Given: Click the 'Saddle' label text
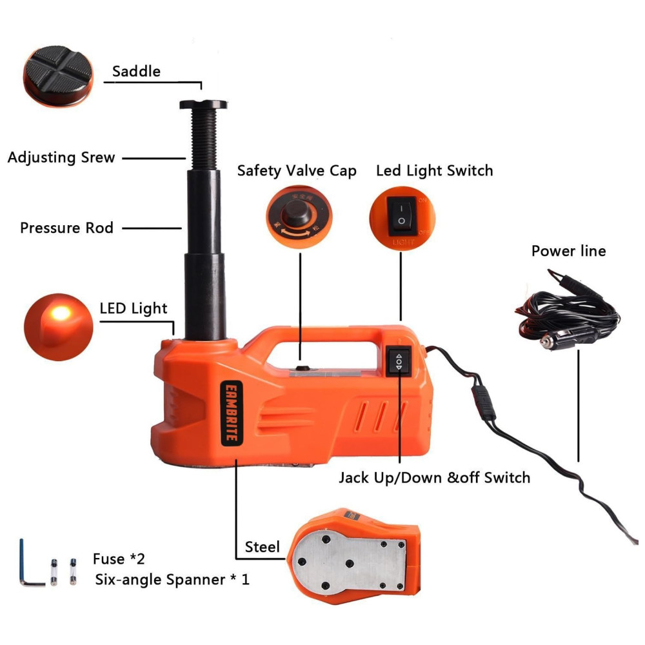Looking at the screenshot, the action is click(136, 71).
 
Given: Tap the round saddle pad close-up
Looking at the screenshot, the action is click(58, 76).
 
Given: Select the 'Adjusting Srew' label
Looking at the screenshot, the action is click(61, 157).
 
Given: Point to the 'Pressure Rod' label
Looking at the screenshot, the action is click(66, 228).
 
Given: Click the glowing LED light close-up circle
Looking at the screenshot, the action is click(59, 327).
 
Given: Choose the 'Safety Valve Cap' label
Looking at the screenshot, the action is click(297, 171).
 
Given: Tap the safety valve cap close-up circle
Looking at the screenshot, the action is click(299, 217).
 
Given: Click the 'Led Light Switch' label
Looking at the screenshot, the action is click(434, 170).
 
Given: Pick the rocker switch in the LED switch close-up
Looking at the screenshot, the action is click(401, 216).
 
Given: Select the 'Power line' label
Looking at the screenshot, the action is click(568, 251).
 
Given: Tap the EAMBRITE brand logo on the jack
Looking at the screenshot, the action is click(232, 413).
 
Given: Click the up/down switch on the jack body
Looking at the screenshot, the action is click(398, 361).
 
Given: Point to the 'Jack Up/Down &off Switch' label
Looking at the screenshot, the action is click(434, 477).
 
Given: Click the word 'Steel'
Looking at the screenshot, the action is click(262, 547).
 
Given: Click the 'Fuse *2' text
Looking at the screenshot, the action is click(119, 559).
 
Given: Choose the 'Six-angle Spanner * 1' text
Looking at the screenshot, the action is click(172, 580).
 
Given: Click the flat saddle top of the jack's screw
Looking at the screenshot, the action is click(203, 104).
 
